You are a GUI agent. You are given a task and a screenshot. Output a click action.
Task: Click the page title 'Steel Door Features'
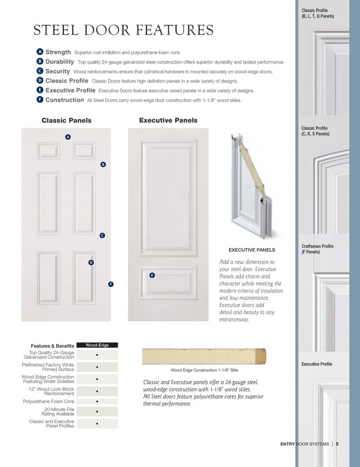pos(123,31)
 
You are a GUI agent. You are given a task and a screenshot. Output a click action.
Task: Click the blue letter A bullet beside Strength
pos(40,52)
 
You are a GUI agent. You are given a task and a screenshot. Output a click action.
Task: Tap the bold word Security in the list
pos(57,71)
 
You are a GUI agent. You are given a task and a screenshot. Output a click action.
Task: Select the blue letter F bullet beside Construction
pos(40,100)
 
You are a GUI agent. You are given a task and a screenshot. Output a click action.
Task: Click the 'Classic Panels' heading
pos(67,120)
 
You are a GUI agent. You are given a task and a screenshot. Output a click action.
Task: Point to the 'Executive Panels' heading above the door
pos(168,120)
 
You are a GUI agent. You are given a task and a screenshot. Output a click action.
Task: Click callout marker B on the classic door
pos(103,164)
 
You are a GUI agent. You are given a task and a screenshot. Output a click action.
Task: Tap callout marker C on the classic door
pos(102,235)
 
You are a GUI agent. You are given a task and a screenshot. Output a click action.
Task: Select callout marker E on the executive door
pos(152,275)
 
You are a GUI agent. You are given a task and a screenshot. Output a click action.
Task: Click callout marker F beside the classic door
pos(110,284)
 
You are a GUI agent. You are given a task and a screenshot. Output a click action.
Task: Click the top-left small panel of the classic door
pos(49,151)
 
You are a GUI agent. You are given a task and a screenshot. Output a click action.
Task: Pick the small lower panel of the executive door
pos(168,283)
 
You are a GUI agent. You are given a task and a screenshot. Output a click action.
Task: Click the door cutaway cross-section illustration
pos(250,187)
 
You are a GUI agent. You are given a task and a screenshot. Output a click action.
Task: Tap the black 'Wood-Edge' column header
pos(97,345)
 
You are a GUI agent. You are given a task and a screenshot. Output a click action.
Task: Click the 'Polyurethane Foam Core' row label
pos(48,401)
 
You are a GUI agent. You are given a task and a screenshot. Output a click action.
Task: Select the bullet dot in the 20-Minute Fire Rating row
pos(97,411)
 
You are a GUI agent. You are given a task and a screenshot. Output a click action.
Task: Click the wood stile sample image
pos(204,356)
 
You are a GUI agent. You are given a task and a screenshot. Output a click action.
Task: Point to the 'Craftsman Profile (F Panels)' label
pos(318,249)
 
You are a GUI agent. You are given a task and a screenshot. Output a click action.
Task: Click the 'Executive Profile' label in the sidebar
pos(317,364)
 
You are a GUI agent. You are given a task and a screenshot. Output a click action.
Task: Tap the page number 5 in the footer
pos(337,444)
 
